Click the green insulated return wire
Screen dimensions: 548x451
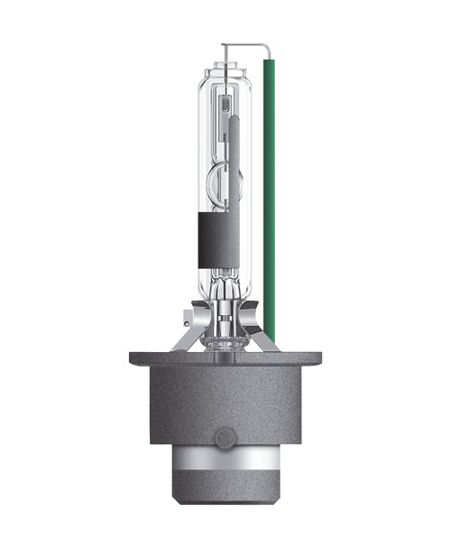click(x=267, y=181)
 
